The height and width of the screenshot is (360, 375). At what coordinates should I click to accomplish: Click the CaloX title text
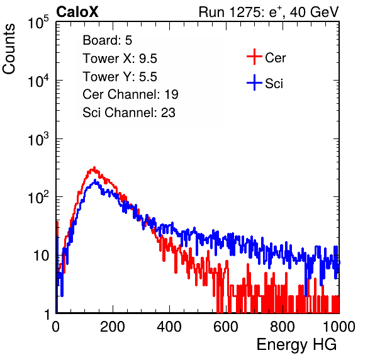pyautogui.click(x=77, y=12)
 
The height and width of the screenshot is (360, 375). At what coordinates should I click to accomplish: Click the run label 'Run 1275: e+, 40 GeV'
pyautogui.click(x=269, y=12)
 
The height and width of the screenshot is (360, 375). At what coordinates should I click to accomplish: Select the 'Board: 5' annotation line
pyautogui.click(x=107, y=40)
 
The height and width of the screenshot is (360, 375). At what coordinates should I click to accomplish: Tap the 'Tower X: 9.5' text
pyautogui.click(x=120, y=59)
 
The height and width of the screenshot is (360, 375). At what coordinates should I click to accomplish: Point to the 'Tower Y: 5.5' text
pyautogui.click(x=120, y=77)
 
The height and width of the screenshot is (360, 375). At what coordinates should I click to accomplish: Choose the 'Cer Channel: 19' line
pyautogui.click(x=130, y=94)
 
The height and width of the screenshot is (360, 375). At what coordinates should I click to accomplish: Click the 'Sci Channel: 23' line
pyautogui.click(x=129, y=113)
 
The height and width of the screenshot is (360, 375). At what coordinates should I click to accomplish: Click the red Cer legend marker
pyautogui.click(x=254, y=57)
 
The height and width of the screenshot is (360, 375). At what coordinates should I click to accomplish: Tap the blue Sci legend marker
pyautogui.click(x=254, y=83)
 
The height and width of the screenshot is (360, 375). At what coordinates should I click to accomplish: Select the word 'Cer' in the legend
pyautogui.click(x=275, y=58)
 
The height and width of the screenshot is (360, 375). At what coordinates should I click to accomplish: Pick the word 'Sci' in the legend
pyautogui.click(x=274, y=84)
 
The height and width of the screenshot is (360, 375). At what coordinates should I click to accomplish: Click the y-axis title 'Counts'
pyautogui.click(x=9, y=49)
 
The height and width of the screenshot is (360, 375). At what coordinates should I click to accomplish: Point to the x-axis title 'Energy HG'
pyautogui.click(x=296, y=345)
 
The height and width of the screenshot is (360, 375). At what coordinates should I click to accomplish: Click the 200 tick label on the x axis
pyautogui.click(x=113, y=327)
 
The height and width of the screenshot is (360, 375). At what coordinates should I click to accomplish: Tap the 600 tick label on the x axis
pyautogui.click(x=226, y=327)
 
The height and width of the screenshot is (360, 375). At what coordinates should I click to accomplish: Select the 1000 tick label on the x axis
pyautogui.click(x=339, y=327)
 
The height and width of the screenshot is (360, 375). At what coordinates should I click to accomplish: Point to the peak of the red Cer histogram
pyautogui.click(x=94, y=167)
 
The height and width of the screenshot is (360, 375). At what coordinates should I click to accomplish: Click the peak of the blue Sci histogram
pyautogui.click(x=95, y=180)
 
